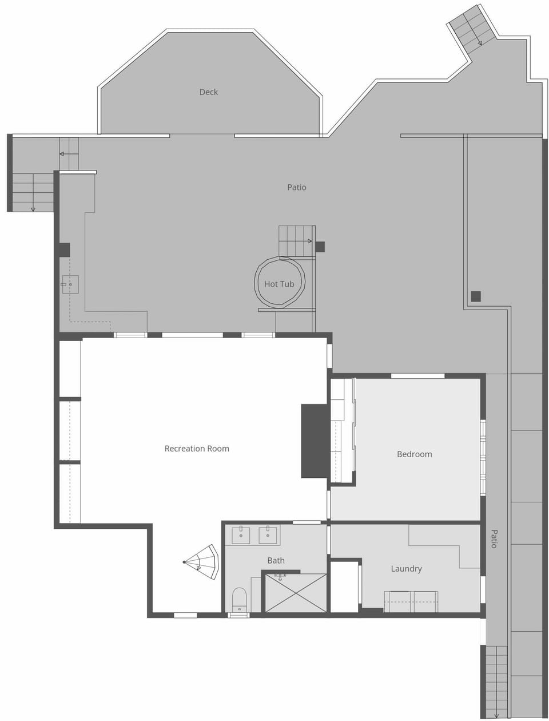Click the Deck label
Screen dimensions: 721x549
(x=208, y=92)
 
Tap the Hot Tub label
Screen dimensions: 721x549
(x=279, y=284)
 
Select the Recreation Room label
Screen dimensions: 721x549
(x=197, y=449)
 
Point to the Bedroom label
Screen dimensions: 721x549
(x=414, y=454)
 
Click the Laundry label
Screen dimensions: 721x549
(x=406, y=569)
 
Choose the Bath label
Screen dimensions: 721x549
(x=276, y=561)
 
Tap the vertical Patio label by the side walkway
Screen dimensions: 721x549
(x=495, y=539)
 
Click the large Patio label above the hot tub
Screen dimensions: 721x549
(x=297, y=187)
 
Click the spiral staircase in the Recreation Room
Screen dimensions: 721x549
(x=202, y=562)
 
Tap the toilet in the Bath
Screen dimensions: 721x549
(x=240, y=599)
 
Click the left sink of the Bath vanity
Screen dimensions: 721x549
(x=241, y=536)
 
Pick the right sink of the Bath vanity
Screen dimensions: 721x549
(x=268, y=536)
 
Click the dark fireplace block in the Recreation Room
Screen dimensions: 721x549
(x=314, y=441)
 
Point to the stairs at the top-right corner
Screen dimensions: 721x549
(x=472, y=29)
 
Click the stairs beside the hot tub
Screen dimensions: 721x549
(x=296, y=241)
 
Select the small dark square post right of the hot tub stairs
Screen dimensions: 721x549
(x=320, y=247)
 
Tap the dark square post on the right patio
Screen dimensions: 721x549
(x=476, y=296)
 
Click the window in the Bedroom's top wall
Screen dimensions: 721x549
(x=417, y=376)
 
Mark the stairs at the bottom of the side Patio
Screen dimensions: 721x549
(x=496, y=681)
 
